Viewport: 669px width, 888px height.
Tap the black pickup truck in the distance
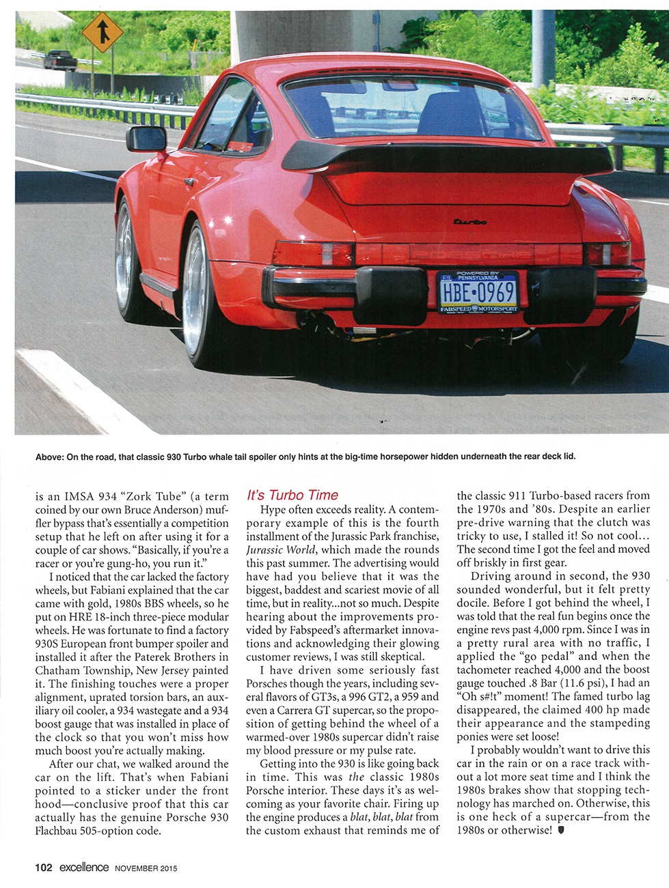coord(60,61)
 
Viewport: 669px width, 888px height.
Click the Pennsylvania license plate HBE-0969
coord(478,291)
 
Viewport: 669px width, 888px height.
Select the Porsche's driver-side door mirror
coord(146,139)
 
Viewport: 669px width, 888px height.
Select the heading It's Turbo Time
coord(292,495)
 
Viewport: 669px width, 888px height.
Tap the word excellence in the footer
coord(83,868)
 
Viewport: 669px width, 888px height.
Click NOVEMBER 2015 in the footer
coord(146,868)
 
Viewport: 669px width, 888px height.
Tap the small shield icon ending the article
coord(561,831)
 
